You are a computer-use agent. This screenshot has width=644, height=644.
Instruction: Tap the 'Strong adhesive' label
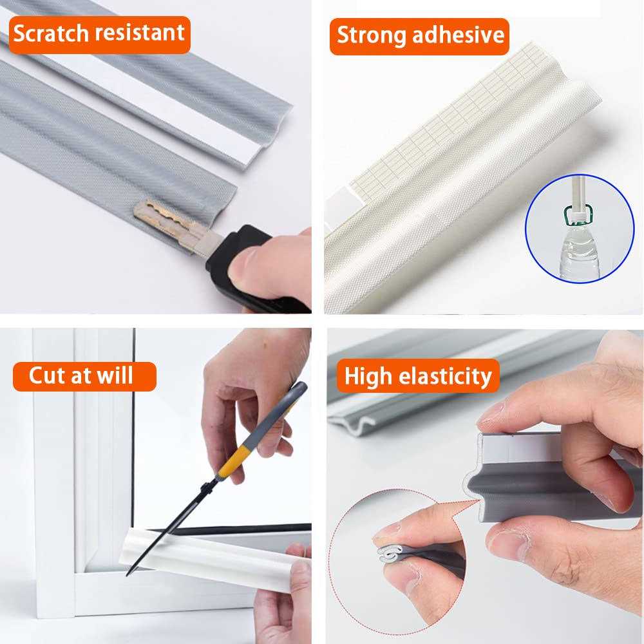point(420,35)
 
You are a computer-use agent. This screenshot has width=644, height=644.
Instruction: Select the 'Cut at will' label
point(84,376)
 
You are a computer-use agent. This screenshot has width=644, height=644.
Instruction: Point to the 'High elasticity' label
point(418,376)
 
